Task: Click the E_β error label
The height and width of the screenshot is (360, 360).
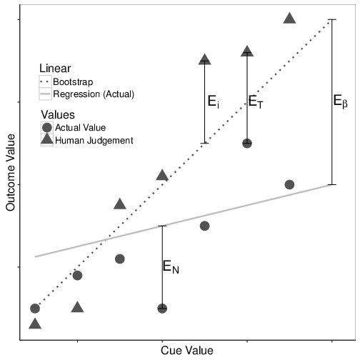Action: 340,101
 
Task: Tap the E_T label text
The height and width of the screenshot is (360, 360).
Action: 256,102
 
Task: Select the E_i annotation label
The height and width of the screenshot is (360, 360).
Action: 214,101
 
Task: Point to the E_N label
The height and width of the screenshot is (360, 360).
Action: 171,266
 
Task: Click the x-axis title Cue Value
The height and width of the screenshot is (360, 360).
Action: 187,351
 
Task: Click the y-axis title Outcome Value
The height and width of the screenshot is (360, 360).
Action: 11,172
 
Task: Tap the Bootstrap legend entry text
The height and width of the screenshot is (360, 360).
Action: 73,82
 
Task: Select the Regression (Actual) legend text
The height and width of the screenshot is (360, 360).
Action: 94,94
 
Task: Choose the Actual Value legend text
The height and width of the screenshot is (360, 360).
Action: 80,128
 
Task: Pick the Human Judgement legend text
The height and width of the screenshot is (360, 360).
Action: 94,141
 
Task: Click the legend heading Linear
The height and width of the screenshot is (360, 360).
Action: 55,69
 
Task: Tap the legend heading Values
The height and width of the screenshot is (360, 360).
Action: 58,115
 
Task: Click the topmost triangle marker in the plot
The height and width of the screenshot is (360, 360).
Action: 289,19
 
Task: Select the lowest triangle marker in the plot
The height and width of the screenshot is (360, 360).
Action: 35,324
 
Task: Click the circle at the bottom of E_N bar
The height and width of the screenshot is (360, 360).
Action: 162,309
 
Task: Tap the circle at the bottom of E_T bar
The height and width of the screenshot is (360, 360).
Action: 247,144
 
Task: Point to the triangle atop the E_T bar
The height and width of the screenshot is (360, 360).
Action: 247,51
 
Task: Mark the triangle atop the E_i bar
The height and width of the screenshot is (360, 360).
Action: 205,59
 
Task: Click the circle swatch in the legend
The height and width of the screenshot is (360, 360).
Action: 47,128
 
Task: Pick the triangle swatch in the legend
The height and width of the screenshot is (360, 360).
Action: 47,139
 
